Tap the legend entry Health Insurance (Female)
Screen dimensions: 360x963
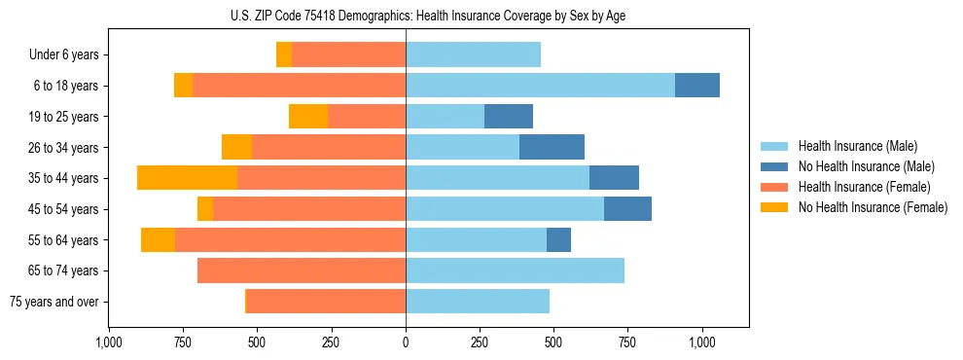pos(864,187)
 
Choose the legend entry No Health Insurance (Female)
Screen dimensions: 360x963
pos(873,207)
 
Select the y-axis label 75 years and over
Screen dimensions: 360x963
pos(54,302)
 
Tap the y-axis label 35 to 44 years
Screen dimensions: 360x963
pos(64,178)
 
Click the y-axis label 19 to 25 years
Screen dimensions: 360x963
pos(64,117)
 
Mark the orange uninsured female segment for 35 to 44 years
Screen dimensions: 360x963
pos(187,178)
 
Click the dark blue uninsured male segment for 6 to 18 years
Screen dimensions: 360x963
pos(697,86)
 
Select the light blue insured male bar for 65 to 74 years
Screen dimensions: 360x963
pos(515,270)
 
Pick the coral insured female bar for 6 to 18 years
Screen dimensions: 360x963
pos(299,86)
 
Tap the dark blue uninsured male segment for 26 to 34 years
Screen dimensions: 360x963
pos(552,147)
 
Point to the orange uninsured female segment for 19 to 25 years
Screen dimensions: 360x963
pos(308,117)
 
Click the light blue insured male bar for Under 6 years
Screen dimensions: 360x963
pos(473,54)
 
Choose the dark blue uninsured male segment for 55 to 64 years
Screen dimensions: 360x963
pos(558,239)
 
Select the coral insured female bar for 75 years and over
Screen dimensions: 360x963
pos(326,302)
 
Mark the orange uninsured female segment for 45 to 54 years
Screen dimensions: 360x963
pos(205,209)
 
